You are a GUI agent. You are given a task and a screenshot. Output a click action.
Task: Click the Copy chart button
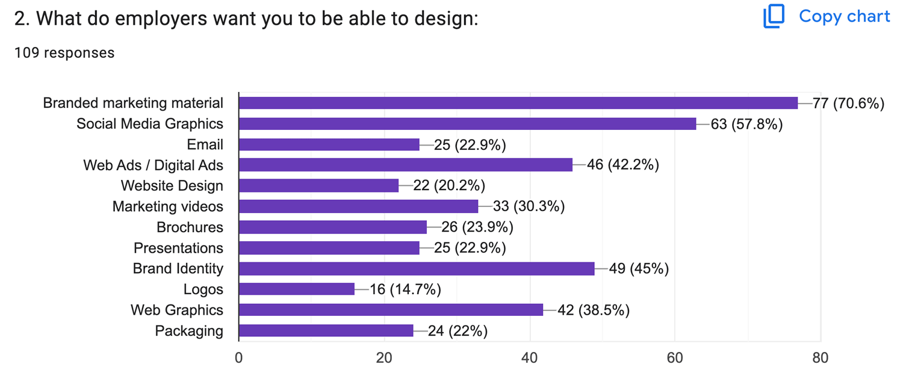[827, 16]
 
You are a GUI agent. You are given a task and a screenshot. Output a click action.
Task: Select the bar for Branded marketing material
[518, 103]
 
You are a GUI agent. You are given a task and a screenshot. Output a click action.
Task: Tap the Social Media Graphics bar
[467, 124]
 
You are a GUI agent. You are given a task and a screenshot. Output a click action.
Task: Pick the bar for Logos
[296, 289]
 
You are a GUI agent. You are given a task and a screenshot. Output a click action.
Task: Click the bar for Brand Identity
[416, 269]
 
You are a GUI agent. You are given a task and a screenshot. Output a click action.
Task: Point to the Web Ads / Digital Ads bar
[405, 165]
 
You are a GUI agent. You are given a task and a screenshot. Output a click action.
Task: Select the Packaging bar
[326, 331]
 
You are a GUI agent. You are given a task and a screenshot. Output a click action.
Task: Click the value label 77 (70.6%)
[848, 103]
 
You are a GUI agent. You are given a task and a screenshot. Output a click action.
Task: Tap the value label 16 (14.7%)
[405, 290]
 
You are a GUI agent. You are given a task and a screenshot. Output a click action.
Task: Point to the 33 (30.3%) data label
[529, 207]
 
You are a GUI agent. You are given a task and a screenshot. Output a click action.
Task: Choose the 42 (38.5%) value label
[594, 310]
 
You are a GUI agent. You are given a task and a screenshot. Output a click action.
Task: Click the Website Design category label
[172, 186]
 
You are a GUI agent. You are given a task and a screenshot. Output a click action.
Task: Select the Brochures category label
[190, 227]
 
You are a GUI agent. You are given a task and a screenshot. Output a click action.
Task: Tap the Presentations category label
[178, 248]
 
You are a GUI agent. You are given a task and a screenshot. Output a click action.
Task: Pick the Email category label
[205, 144]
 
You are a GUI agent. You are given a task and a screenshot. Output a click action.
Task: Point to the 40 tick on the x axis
[530, 358]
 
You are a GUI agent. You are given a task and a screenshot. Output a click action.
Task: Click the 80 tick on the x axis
[820, 358]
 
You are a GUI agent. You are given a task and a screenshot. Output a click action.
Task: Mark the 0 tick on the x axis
[239, 358]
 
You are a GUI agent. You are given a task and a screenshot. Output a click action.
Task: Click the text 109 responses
[64, 53]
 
